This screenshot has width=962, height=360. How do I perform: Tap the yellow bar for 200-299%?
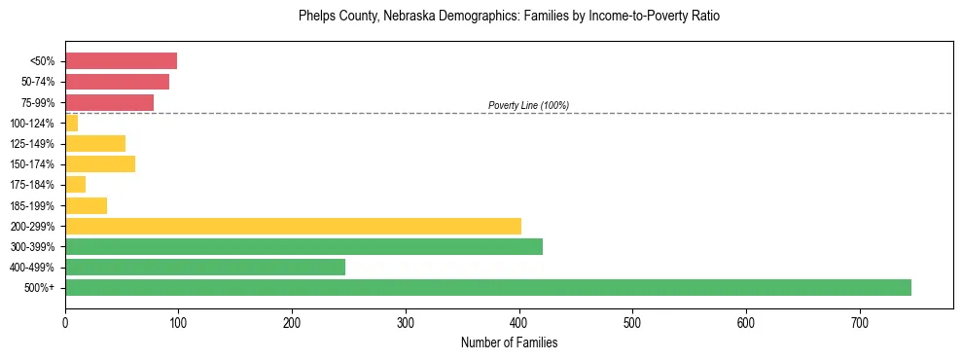(293, 226)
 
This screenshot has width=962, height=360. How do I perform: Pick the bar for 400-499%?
(205, 267)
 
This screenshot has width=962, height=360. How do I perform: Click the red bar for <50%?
(121, 61)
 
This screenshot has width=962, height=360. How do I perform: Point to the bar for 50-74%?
(117, 82)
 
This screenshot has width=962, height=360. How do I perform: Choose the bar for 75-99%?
(109, 102)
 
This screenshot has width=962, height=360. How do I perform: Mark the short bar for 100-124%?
(71, 123)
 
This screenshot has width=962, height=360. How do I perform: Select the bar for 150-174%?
(100, 163)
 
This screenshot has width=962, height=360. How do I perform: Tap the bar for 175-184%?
(75, 184)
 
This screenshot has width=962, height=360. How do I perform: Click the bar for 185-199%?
(86, 205)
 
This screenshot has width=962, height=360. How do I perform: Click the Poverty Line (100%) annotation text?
(528, 105)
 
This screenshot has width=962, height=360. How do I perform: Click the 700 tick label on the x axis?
(860, 322)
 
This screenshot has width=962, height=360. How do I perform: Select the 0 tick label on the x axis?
(65, 322)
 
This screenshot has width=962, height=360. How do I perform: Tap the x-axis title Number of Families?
(509, 342)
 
